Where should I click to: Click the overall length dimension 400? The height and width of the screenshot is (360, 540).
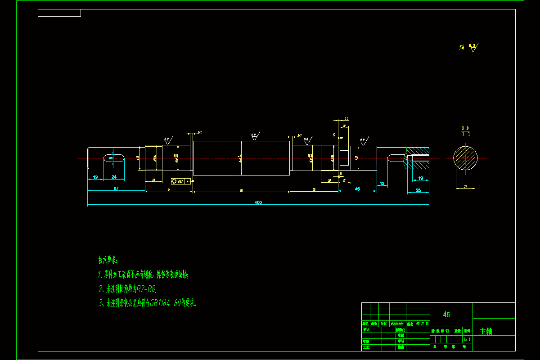pos(258,202)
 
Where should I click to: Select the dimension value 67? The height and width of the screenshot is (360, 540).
pos(116,188)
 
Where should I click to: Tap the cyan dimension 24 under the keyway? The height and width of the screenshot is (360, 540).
pos(114,177)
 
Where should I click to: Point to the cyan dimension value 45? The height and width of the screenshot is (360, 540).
pos(357,189)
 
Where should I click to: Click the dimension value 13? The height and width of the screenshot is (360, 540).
pos(382,184)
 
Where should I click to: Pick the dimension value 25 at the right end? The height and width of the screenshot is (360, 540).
pos(418,190)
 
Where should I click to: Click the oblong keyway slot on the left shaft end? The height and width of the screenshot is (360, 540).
pos(114,157)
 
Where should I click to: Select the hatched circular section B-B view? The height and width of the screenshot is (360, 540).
pos(465,158)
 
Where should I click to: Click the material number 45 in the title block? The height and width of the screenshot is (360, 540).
pos(446,315)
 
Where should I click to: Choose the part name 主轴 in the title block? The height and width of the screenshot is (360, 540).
pos(486,332)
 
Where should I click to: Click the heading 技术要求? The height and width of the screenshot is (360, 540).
pos(108,260)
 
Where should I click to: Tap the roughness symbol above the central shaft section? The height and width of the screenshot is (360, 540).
pos(255,135)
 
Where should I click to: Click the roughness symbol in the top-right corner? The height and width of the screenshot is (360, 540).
pos(472,47)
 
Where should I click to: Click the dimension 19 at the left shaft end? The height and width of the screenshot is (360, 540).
pos(95,177)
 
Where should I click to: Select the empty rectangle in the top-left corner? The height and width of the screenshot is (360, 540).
pos(59,13)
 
